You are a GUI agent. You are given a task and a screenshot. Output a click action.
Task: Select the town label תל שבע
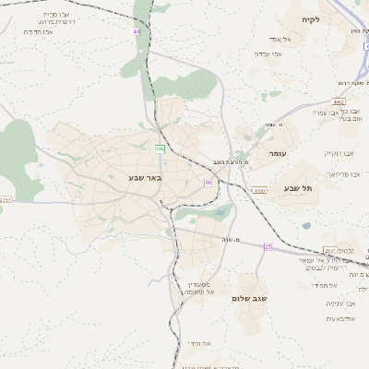(300, 188)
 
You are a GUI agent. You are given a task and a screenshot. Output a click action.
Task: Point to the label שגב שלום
(249, 299)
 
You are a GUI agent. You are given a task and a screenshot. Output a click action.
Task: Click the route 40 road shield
(136, 31)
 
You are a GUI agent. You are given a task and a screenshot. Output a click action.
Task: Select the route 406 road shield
(160, 148)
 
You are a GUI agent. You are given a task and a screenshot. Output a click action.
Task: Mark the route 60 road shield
(208, 183)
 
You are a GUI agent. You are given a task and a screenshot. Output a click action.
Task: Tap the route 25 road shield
(268, 246)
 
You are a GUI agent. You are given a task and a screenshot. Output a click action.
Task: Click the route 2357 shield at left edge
(6, 199)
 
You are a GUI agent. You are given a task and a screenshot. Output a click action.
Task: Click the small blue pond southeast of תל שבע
(306, 225)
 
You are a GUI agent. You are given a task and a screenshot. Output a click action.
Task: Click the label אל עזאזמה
(198, 292)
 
